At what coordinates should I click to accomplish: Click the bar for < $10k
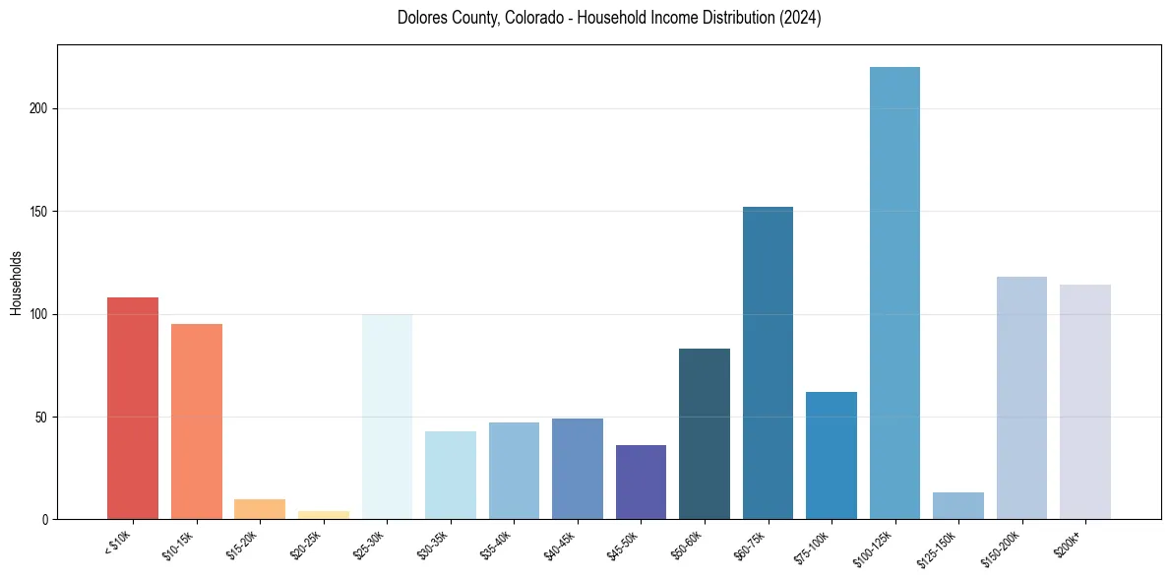[133, 408]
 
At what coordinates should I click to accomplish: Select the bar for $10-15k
[197, 421]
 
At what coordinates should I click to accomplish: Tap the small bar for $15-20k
[260, 509]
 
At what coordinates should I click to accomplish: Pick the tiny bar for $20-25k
[324, 515]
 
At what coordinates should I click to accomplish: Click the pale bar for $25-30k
[387, 417]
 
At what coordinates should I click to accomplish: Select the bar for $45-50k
[641, 483]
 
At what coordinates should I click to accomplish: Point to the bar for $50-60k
[705, 433]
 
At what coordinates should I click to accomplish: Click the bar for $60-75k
[768, 362]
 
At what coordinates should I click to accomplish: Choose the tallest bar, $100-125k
[894, 292]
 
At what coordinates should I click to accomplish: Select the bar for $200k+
[1085, 402]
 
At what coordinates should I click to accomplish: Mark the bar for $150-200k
[1021, 398]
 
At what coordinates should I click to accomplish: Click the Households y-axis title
[16, 282]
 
